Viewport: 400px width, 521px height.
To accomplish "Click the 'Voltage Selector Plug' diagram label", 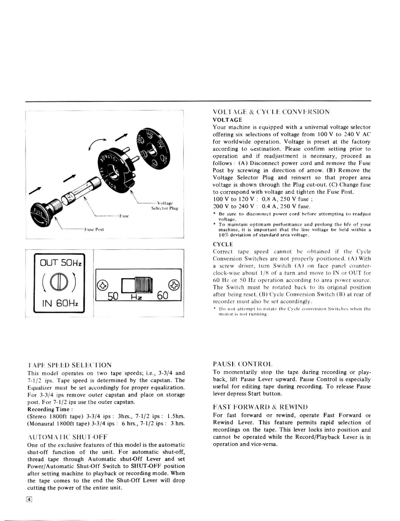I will [162, 205].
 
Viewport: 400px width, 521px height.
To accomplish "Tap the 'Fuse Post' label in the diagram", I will [93, 229].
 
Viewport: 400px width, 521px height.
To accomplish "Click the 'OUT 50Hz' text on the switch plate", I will [61, 263].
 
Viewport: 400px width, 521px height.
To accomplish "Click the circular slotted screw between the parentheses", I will [60, 283].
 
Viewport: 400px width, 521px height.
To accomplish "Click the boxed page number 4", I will [29, 499].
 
